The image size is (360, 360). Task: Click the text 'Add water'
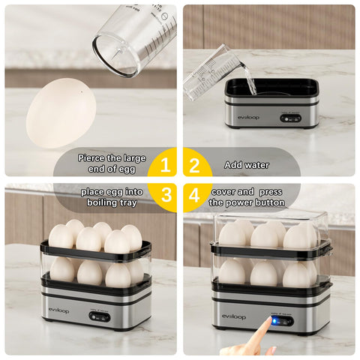click(x=247, y=163)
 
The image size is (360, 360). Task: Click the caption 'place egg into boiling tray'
click(x=112, y=197)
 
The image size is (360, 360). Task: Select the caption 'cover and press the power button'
click(x=247, y=197)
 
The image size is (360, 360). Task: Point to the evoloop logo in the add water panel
click(x=249, y=117)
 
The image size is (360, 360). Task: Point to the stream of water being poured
click(x=248, y=82)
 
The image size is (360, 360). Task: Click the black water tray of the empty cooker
click(x=271, y=87)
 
